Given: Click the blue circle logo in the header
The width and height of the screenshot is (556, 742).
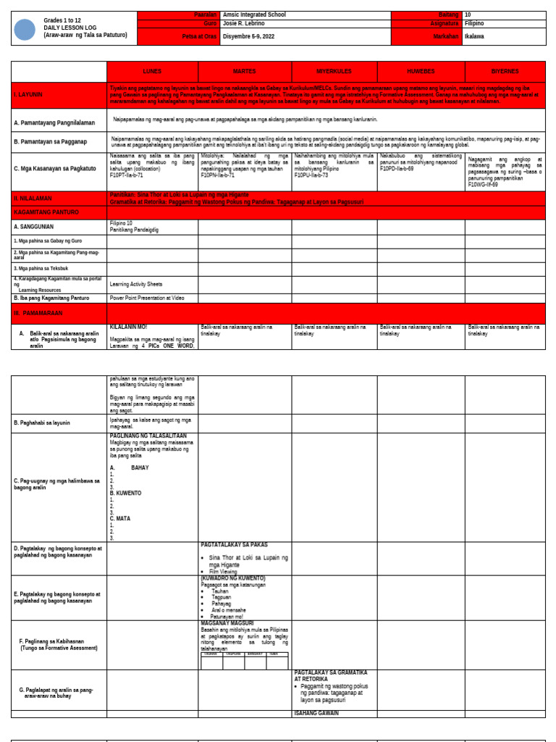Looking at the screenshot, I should [x=25, y=30].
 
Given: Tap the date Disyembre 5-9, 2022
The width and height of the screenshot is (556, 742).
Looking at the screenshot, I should [x=249, y=36].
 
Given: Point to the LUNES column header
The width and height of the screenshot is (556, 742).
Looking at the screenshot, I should [x=152, y=72].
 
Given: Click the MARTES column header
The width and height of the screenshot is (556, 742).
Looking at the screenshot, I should [x=244, y=72].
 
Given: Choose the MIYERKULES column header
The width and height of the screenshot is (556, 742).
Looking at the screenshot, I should [x=334, y=72].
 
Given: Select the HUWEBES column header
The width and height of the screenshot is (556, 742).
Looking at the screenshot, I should [x=421, y=72].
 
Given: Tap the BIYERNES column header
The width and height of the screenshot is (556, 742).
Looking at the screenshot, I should [x=505, y=72].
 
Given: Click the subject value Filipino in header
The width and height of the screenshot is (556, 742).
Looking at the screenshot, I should [x=474, y=23].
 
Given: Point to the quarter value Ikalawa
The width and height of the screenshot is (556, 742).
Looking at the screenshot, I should [x=474, y=36].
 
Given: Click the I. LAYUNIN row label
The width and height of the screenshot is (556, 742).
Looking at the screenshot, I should [x=28, y=95].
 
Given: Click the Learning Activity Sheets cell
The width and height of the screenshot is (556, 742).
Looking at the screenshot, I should [x=135, y=284].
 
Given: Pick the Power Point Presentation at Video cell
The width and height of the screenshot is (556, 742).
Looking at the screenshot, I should [x=147, y=298].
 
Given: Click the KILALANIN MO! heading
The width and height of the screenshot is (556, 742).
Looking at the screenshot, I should [x=128, y=328].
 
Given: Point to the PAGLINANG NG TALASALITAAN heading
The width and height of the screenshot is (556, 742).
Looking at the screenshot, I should [x=148, y=436].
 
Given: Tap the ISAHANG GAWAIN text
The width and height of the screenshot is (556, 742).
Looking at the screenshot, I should [x=316, y=714].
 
